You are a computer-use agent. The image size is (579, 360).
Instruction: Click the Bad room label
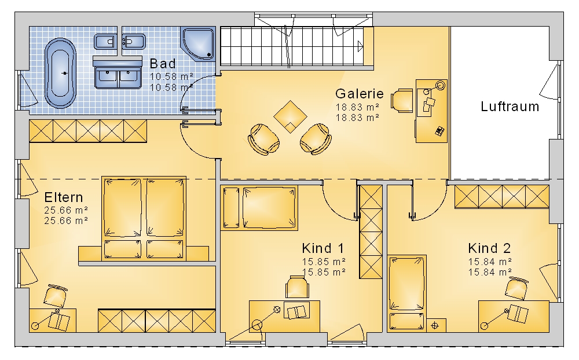[x=163, y=64]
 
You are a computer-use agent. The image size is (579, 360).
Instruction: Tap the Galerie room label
[x=360, y=94]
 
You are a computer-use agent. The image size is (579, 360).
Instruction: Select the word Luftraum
[x=510, y=106]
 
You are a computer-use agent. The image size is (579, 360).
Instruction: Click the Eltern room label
[x=64, y=197]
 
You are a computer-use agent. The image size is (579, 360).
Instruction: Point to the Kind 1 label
[x=323, y=248]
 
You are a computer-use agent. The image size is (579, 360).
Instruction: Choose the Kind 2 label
[x=489, y=248]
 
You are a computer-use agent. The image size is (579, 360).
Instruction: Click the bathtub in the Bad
[x=60, y=73]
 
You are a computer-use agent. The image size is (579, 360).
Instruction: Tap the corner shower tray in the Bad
[x=198, y=43]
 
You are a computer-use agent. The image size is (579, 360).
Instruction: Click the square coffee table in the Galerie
[x=290, y=117]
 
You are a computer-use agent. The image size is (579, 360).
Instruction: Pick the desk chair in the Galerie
[x=402, y=100]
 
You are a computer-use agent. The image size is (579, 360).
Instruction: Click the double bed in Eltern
[x=144, y=218]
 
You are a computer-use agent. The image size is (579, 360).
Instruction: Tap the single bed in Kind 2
[x=407, y=292]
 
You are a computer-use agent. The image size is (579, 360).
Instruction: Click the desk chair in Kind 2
[x=516, y=288]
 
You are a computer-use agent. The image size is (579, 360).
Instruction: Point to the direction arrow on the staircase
[x=360, y=46]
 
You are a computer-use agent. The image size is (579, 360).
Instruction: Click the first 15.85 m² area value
[x=324, y=262]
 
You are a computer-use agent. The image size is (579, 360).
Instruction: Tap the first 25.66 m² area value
[x=66, y=211]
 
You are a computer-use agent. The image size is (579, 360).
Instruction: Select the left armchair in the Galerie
[x=263, y=139]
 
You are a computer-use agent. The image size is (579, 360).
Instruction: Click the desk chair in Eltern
[x=56, y=296]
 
